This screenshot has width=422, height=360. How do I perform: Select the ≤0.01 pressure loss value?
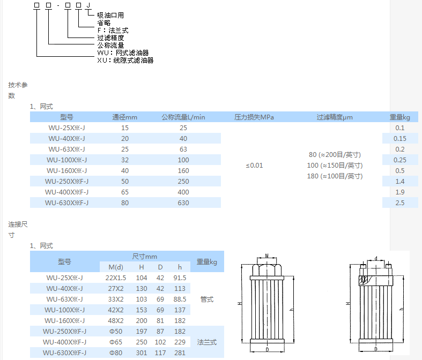(x=254, y=165)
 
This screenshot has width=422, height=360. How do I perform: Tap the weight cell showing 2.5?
(x=399, y=202)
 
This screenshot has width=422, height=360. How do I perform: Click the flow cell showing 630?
(x=183, y=202)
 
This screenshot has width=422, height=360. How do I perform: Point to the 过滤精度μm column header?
(x=335, y=117)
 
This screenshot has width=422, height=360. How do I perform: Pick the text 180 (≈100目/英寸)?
(x=335, y=176)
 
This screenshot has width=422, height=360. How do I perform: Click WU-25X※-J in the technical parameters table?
(x=66, y=127)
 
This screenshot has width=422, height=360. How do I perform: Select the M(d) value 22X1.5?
(x=116, y=277)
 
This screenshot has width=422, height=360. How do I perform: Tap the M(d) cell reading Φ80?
(x=116, y=352)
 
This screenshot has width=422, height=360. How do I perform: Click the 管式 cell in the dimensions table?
(x=206, y=299)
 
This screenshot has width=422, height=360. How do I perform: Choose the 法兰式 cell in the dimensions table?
(x=206, y=342)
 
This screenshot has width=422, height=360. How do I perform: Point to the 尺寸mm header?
(x=144, y=257)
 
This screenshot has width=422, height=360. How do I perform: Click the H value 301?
(x=142, y=352)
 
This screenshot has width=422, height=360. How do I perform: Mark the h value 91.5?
(x=180, y=277)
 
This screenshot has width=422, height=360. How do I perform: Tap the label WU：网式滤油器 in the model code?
(x=123, y=53)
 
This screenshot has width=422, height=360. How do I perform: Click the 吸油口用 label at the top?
(x=110, y=16)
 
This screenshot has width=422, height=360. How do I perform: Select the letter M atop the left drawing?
(x=267, y=257)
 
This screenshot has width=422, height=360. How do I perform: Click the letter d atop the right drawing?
(x=375, y=258)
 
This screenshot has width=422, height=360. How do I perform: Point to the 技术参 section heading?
(x=18, y=85)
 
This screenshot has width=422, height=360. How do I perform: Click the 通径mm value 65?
(x=125, y=192)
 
